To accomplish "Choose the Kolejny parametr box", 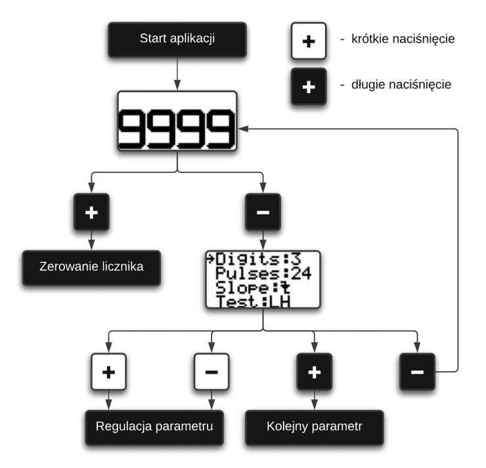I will (314, 427).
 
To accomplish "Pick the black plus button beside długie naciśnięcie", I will (309, 85).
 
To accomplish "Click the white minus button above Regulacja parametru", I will (211, 372).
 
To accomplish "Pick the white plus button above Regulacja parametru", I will (108, 372).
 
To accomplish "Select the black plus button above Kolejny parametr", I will (314, 372).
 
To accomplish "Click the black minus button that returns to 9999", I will (417, 372).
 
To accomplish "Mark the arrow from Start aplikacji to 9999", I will (177, 72).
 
